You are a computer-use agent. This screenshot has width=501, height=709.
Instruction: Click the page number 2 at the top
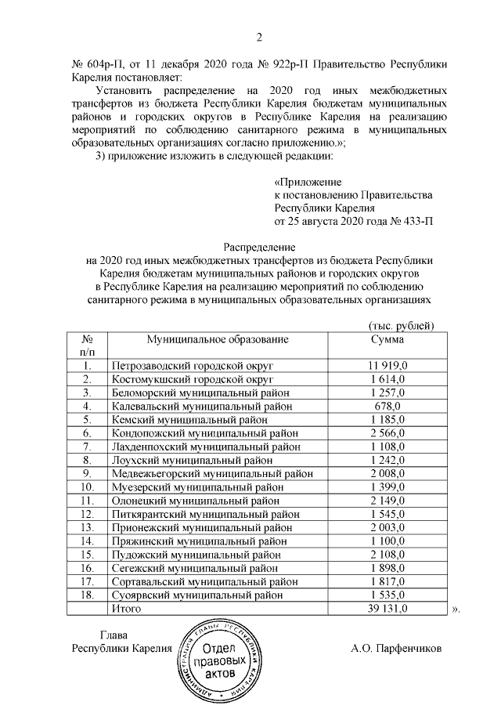[259, 38]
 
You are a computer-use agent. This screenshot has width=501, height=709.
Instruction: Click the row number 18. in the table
[88, 595]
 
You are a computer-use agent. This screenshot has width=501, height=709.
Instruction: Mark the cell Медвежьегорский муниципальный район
[213, 473]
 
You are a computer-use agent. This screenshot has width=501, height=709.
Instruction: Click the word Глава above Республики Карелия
[114, 635]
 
